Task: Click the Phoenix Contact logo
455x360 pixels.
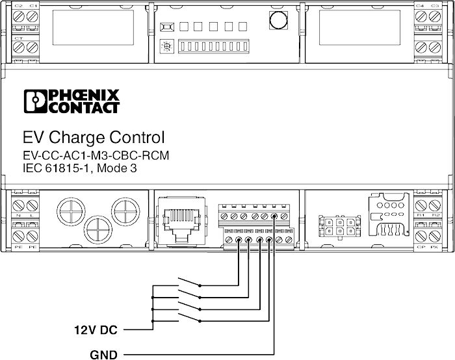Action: [x=71, y=101]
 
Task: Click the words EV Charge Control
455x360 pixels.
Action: [x=94, y=138]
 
